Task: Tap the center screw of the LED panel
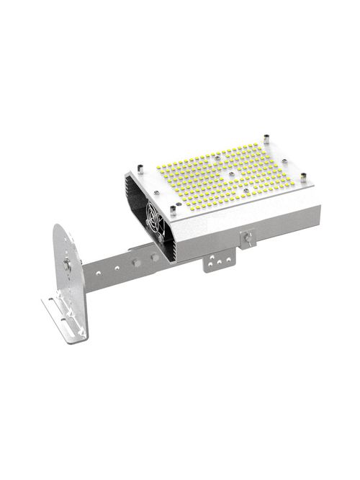tap(230, 173)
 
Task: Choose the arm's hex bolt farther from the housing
tap(136, 258)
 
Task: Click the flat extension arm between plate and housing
tap(115, 270)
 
